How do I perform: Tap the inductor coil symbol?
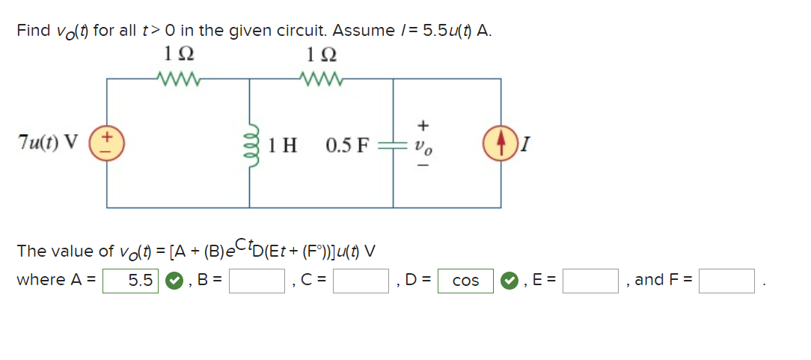[250, 142]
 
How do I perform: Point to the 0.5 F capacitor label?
[348, 144]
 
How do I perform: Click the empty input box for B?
[257, 281]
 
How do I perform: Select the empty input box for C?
[362, 281]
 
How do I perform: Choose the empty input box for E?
[591, 281]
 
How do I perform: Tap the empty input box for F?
[726, 281]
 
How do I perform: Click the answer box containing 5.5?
[131, 281]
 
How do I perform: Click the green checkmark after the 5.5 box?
[173, 281]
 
